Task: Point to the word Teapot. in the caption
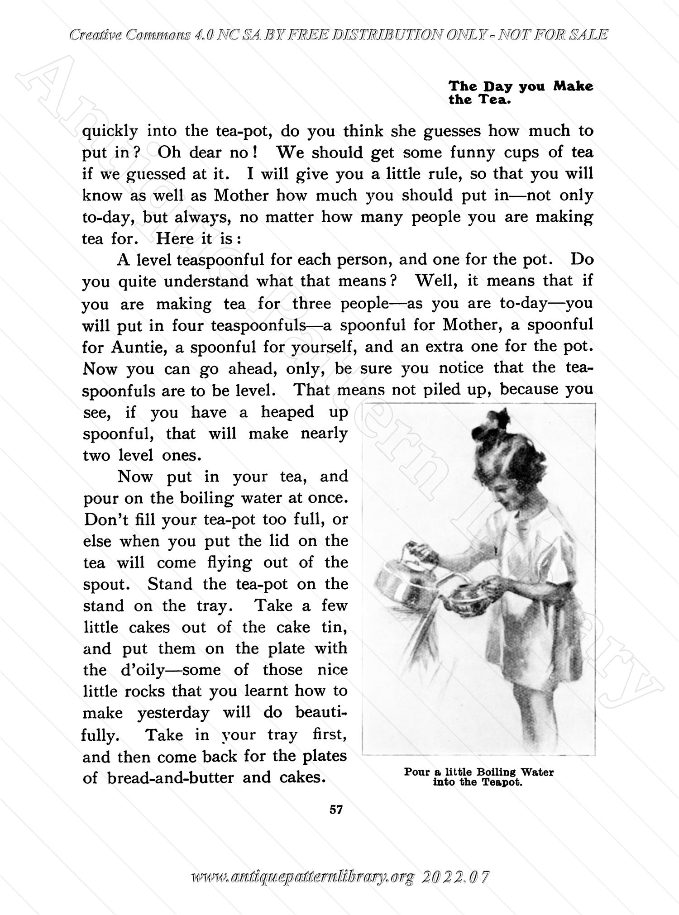pyautogui.click(x=502, y=782)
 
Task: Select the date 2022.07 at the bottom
pyautogui.click(x=455, y=878)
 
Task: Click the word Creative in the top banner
pyautogui.click(x=94, y=35)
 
